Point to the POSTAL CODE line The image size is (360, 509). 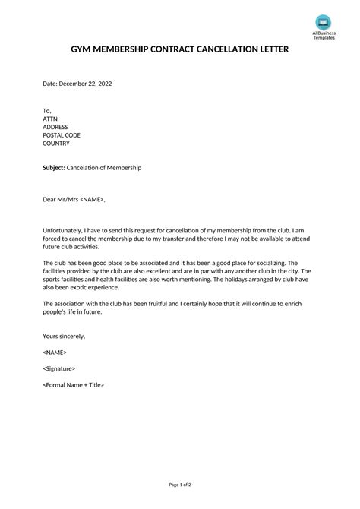[62, 134]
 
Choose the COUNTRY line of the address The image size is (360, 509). [56, 143]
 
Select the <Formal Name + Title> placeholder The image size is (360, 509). [74, 384]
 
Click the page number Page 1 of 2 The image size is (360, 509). [180, 484]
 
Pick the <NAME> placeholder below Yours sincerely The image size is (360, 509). [55, 353]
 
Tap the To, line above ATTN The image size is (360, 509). [47, 110]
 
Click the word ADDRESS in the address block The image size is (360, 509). [55, 127]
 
